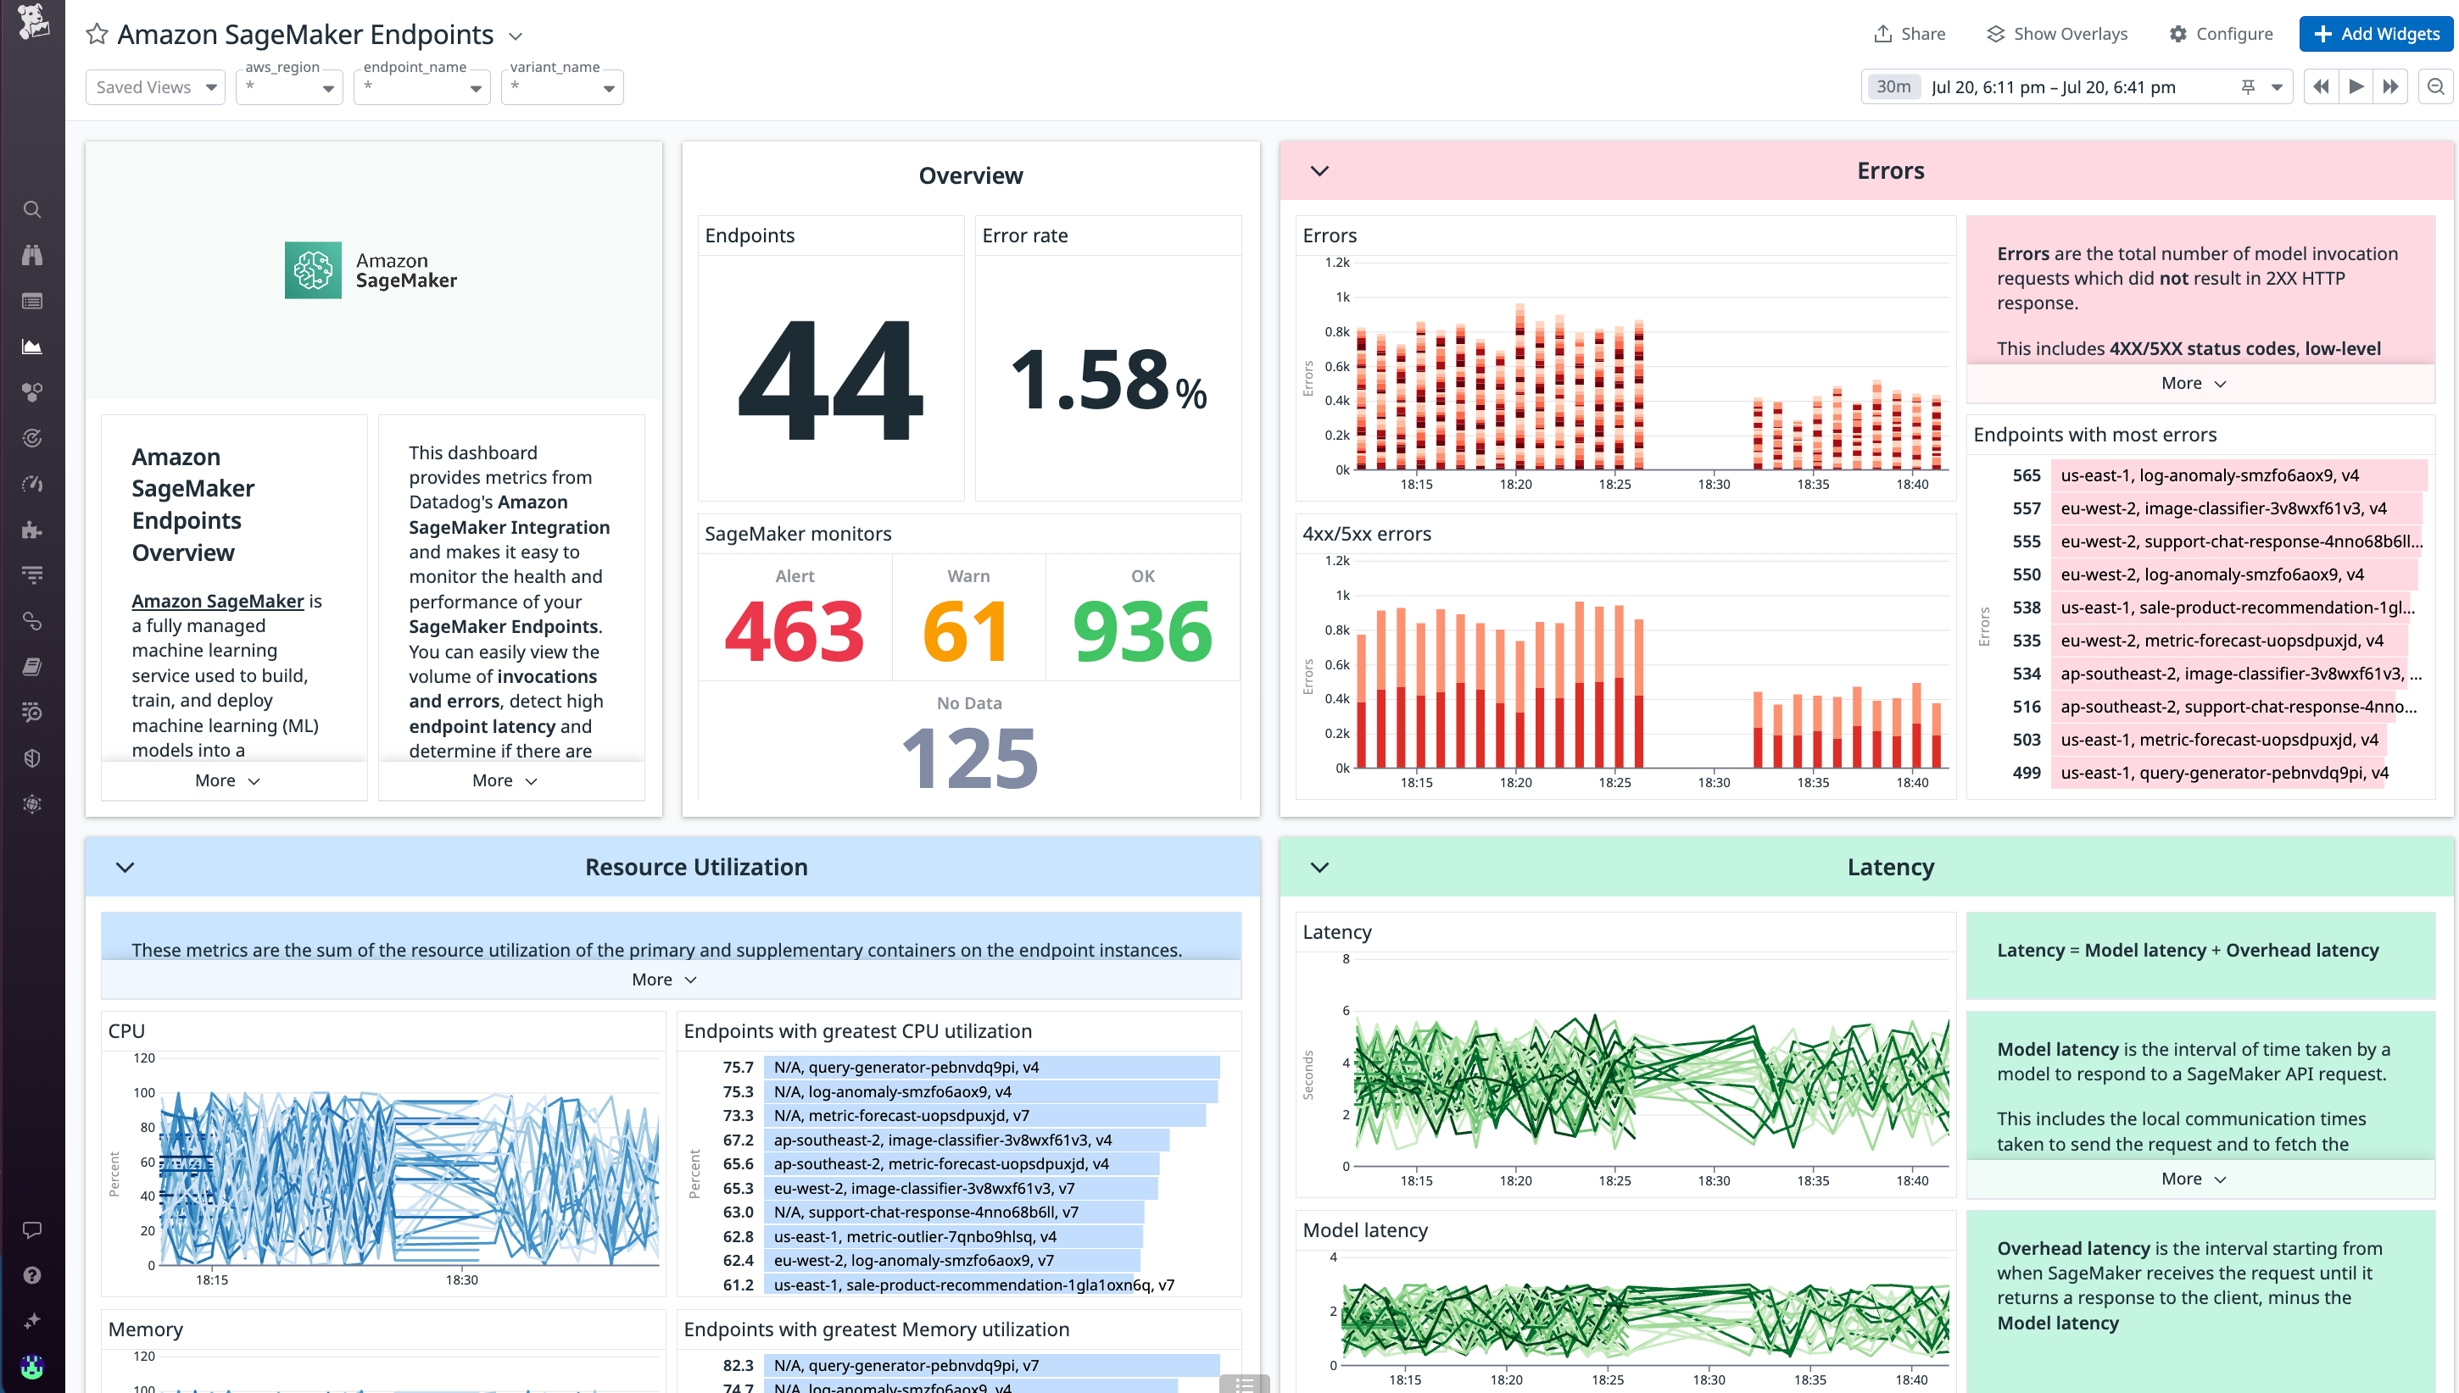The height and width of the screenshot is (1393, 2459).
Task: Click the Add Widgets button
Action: pyautogui.click(x=2376, y=34)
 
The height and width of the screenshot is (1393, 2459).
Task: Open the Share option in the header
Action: pyautogui.click(x=1909, y=34)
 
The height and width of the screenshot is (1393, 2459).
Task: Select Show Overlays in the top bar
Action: pyautogui.click(x=2056, y=34)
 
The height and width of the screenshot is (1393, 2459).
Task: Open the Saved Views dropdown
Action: pyautogui.click(x=155, y=87)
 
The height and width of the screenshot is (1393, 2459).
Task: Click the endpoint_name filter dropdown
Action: pyautogui.click(x=421, y=87)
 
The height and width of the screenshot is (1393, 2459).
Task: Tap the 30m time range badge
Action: pyautogui.click(x=1892, y=87)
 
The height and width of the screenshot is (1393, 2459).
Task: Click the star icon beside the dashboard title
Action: pyautogui.click(x=97, y=35)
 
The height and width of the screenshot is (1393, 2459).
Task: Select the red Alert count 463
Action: pyautogui.click(x=794, y=631)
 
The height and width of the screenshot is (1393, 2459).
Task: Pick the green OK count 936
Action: pyautogui.click(x=1142, y=631)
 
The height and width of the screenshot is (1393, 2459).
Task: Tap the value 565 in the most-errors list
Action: pyautogui.click(x=2026, y=475)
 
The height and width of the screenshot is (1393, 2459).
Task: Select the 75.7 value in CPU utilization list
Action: pyautogui.click(x=737, y=1067)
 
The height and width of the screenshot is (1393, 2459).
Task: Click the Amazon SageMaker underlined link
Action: pyautogui.click(x=217, y=601)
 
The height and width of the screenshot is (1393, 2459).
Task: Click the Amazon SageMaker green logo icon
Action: pyautogui.click(x=313, y=269)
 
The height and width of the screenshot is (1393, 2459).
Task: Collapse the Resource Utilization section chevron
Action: pyautogui.click(x=125, y=867)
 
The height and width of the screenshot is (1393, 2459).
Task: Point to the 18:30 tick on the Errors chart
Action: pyautogui.click(x=1714, y=484)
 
